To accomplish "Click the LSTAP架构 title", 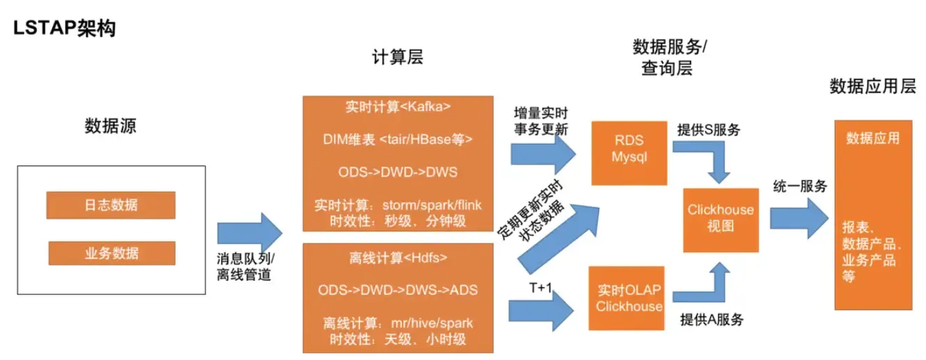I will (x=64, y=28).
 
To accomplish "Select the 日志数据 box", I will (x=111, y=205).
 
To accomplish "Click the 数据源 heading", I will (x=111, y=126).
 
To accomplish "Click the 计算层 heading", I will (x=398, y=58).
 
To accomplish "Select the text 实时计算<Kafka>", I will (x=398, y=108).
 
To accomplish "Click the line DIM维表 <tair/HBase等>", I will (x=398, y=139).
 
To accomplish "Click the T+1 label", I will (x=539, y=287).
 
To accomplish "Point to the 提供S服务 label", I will (x=708, y=129).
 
